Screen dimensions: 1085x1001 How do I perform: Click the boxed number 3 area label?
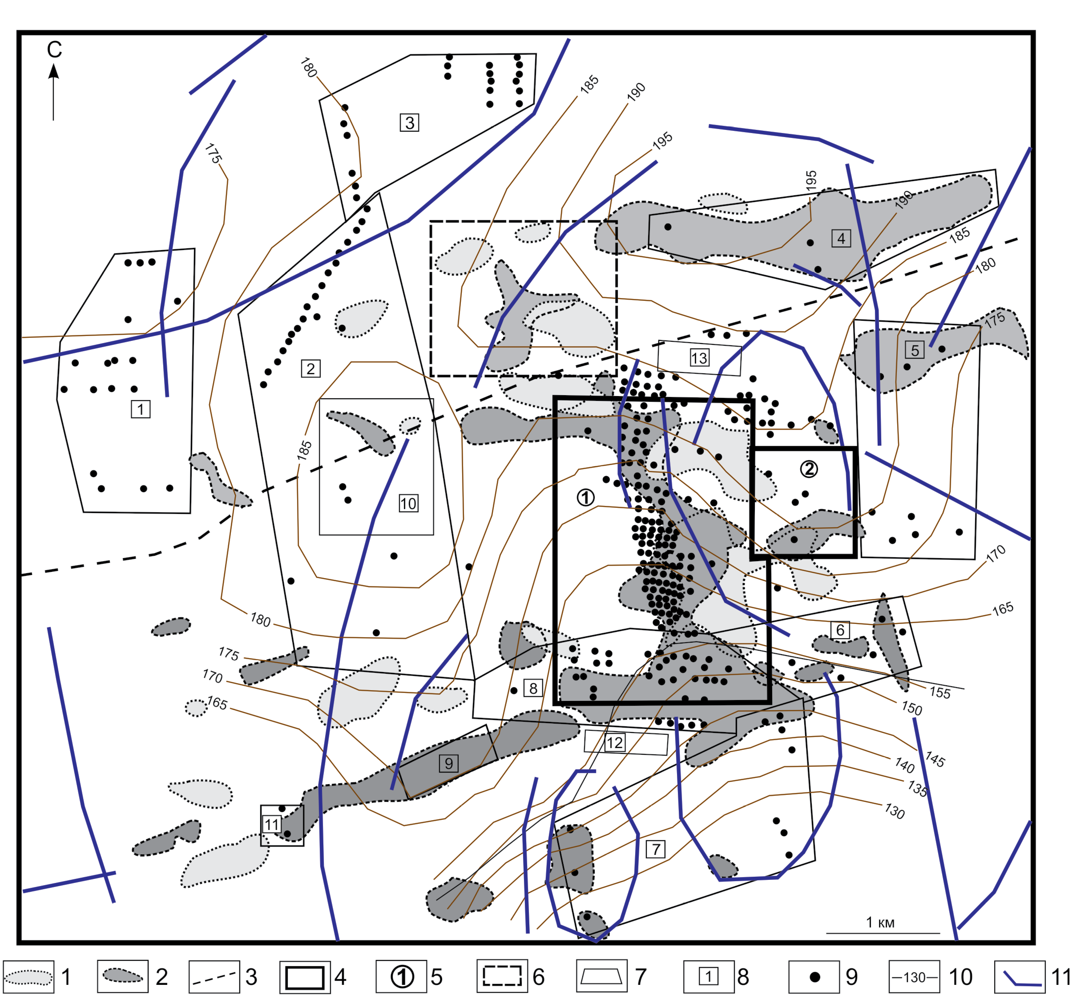click(x=409, y=123)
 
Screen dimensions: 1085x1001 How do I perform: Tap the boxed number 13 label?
click(x=699, y=358)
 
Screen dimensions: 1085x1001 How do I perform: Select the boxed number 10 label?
click(x=408, y=504)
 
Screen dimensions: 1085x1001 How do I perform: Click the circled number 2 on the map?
click(x=809, y=469)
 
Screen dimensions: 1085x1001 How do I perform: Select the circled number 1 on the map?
click(x=585, y=497)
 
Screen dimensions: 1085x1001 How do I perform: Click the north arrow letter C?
click(x=54, y=50)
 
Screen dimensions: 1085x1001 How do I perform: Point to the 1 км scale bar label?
click(x=880, y=922)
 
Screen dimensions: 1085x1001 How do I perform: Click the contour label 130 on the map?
click(x=894, y=811)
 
